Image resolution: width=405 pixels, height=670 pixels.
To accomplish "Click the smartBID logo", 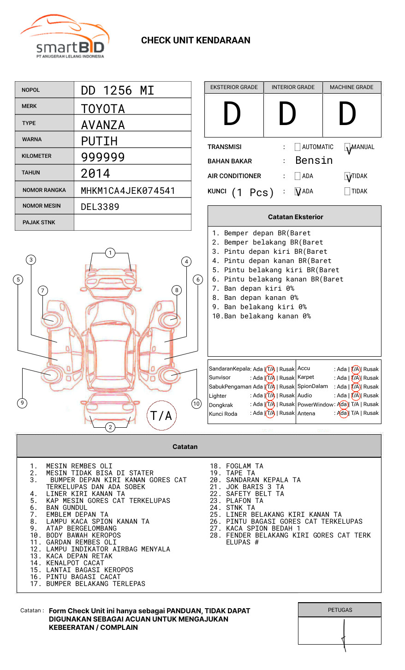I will pos(65,37).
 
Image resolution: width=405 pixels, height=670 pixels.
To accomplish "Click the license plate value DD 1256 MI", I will pos(117,90).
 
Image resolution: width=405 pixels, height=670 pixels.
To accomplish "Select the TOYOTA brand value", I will pos(103,109).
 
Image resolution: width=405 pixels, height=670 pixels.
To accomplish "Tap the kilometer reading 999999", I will pos(103,157).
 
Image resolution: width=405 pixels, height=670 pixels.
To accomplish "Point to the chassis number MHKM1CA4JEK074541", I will pos(128,191).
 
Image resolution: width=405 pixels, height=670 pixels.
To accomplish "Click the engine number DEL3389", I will pos(100,207).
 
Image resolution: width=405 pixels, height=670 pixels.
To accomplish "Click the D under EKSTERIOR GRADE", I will pos(232,114).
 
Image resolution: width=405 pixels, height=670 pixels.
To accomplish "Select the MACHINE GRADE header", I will pos(351,87).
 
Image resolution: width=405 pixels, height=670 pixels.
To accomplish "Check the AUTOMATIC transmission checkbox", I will pos(298,147).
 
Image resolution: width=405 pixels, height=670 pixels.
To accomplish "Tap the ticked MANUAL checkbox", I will pos(347,148).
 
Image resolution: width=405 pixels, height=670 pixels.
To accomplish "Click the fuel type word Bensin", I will pos(314,161).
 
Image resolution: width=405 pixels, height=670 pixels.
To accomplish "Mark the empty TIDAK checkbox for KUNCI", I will pos(347,191).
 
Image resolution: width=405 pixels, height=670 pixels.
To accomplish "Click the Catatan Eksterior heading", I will pos(295,217).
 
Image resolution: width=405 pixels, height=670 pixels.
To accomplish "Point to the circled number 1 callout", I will pos(110,253).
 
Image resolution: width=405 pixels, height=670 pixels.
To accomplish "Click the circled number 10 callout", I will pos(197,404).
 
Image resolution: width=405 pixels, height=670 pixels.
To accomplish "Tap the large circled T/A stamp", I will pos(161,415).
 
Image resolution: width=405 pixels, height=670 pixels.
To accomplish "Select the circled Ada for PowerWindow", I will pos(343,404).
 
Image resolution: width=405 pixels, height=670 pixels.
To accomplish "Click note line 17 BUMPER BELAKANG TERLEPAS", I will pos(95,584).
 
